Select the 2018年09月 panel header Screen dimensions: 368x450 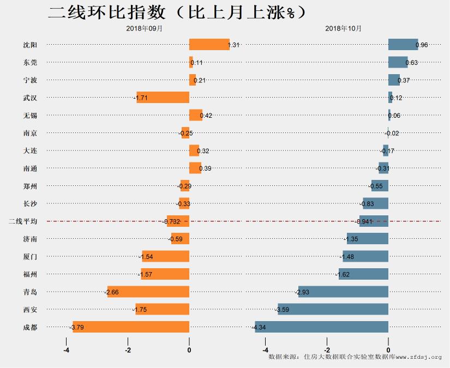[x=144, y=28]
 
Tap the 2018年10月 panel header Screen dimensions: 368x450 [x=343, y=28]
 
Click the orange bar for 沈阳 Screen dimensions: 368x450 [x=209, y=45]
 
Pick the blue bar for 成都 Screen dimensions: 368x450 [x=321, y=327]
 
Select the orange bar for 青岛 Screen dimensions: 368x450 [x=148, y=292]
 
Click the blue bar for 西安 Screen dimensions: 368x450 [x=333, y=310]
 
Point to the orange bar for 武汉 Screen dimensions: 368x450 [x=163, y=98]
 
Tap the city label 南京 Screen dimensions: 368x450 [x=31, y=133]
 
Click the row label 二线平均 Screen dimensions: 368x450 [x=23, y=221]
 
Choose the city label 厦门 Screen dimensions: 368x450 [x=31, y=256]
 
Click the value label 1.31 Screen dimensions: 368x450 [x=233, y=45]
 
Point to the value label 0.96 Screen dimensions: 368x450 [x=422, y=45]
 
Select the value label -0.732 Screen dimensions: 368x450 [x=172, y=221]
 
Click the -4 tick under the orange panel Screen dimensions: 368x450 [x=66, y=351]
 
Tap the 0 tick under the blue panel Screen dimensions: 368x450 [x=388, y=351]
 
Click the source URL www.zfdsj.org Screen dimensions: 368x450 [x=418, y=357]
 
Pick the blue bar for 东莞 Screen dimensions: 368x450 [x=398, y=62]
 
